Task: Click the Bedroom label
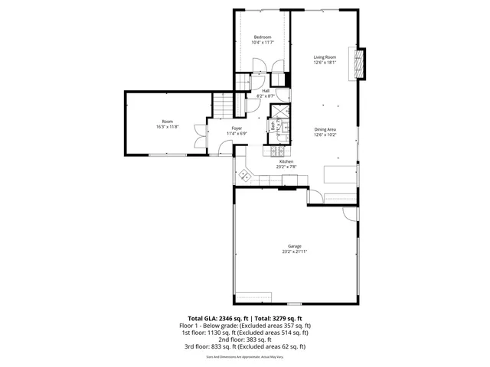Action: (x=263, y=37)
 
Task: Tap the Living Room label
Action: (x=325, y=57)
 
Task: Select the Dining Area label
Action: (x=325, y=129)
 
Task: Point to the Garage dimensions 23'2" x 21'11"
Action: (x=295, y=251)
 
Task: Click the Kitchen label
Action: (x=286, y=161)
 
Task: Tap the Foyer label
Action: (x=237, y=128)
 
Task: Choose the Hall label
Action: (x=266, y=90)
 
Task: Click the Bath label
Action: (x=273, y=128)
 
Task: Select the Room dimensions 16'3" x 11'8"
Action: (x=167, y=127)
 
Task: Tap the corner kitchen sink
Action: (x=246, y=175)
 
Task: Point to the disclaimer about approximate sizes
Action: (x=245, y=356)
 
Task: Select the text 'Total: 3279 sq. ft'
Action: (x=278, y=317)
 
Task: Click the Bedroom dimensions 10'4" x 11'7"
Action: (x=263, y=43)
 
